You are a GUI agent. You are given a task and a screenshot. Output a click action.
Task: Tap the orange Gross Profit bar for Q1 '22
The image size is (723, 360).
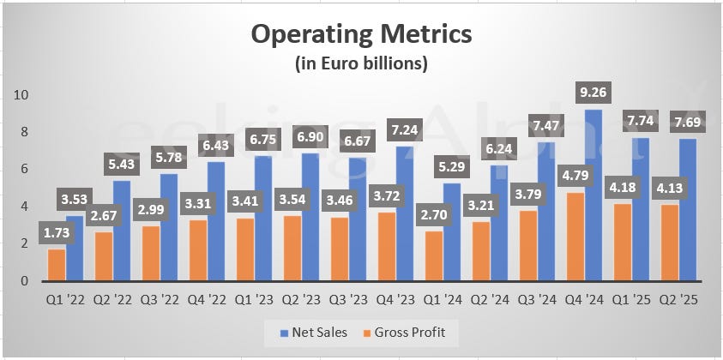pos(57,265)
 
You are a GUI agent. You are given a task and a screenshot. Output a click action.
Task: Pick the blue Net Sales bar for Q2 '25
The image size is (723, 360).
pos(688,210)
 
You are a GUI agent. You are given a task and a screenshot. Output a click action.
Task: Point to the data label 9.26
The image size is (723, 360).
pos(593,92)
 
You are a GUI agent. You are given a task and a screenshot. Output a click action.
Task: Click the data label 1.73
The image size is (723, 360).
pos(57,232)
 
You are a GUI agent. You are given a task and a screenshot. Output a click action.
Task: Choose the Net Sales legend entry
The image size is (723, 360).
pos(314,333)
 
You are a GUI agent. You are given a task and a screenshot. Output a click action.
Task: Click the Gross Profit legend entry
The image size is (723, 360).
pos(411,333)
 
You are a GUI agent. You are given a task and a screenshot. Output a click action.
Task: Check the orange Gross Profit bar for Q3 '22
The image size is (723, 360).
pos(152,253)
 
